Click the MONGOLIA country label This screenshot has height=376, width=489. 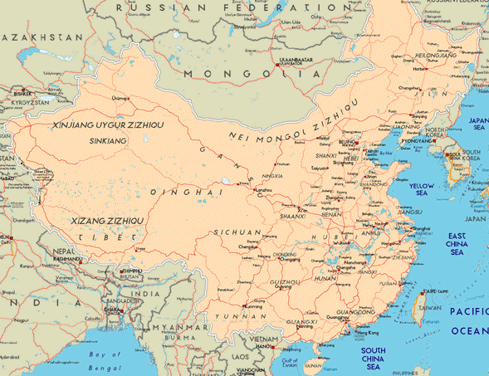[253, 74]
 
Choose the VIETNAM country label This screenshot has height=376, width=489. [268, 339]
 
